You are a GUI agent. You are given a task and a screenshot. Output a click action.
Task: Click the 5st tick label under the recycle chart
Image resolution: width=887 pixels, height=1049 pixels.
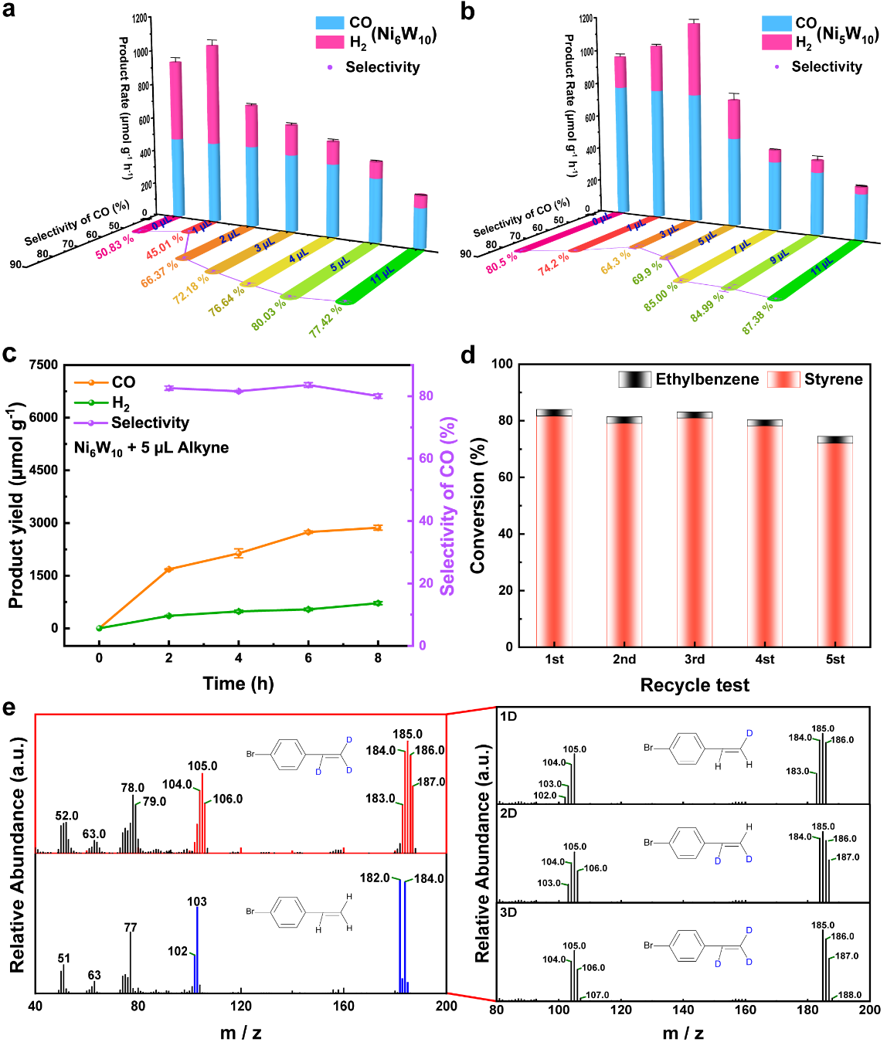[834, 660]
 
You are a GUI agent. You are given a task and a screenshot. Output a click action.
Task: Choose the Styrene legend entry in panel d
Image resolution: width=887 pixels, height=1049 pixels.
[815, 379]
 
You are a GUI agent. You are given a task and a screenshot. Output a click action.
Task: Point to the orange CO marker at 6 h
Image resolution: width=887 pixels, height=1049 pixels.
[308, 532]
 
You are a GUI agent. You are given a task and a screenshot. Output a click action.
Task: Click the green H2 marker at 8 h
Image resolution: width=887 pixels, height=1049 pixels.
[378, 603]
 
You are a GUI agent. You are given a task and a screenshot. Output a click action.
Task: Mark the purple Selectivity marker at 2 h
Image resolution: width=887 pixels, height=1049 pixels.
[169, 389]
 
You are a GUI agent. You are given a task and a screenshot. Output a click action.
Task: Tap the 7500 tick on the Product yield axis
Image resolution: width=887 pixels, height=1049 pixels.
[43, 365]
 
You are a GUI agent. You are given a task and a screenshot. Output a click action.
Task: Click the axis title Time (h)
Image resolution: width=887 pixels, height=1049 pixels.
[238, 684]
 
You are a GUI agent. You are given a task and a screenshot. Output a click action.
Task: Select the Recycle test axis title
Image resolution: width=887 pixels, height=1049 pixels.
[695, 685]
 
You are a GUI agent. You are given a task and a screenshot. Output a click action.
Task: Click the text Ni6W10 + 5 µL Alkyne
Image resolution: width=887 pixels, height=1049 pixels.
[151, 448]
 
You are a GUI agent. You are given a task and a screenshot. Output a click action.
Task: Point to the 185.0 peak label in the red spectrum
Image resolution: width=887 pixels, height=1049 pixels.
[407, 735]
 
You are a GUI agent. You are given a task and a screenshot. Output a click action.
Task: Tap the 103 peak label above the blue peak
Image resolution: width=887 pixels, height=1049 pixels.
[197, 901]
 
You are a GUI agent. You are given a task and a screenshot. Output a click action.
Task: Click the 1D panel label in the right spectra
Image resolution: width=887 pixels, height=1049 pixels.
[508, 717]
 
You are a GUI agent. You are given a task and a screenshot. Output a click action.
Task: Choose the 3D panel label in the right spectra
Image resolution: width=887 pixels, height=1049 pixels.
[508, 912]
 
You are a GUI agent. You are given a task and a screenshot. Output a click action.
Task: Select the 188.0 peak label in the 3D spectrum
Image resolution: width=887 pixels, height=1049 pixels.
[850, 995]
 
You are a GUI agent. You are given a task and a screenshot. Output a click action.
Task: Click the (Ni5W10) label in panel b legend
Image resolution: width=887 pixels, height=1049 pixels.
[848, 36]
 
